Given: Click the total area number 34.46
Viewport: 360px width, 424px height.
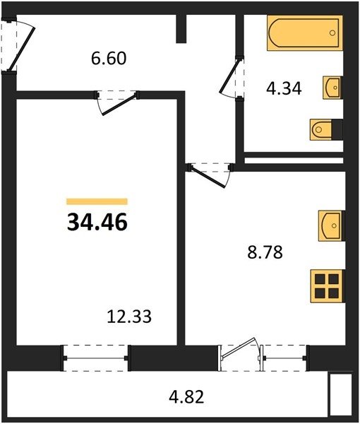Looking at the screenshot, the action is coord(97,223).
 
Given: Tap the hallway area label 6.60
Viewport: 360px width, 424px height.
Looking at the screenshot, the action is coord(109,59).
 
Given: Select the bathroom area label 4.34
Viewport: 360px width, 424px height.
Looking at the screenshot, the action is coord(284,89).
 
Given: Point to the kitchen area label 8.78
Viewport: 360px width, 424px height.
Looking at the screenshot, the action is coord(265,252).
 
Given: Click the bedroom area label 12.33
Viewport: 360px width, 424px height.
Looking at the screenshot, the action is coord(129,317).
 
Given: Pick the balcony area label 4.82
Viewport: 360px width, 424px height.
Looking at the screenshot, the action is coord(186,397).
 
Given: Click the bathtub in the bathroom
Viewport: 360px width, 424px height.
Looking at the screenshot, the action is coord(305,33).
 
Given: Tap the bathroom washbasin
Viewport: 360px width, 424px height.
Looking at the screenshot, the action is coord(333,88).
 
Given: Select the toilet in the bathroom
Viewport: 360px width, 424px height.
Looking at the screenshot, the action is coord(326,129).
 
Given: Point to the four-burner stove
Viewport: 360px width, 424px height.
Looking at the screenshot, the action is coord(328,286).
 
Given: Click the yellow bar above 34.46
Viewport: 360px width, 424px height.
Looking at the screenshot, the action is coord(97,201).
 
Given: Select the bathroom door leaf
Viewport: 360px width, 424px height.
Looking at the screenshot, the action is coord(230,76).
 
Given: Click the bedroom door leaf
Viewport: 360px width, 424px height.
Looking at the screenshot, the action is coord(120,105).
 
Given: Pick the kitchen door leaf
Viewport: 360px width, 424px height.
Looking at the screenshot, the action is coord(208,177).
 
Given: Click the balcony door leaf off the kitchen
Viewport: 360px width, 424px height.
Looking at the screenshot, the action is coord(238,348).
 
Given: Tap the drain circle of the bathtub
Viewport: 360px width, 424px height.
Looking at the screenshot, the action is coord(332,33).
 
